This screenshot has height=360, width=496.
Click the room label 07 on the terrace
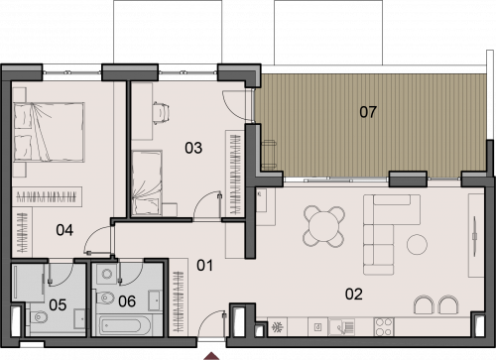click(x=368, y=112)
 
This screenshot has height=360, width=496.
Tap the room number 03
click(x=193, y=148)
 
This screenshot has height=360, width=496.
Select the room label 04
click(x=64, y=230)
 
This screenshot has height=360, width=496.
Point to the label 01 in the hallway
click(x=204, y=265)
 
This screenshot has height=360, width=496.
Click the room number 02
click(x=354, y=294)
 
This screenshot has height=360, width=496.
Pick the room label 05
click(x=58, y=304)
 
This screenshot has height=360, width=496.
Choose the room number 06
click(x=127, y=301)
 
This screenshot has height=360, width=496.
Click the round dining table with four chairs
click(x=324, y=226)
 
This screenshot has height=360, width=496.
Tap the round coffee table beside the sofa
click(x=417, y=244)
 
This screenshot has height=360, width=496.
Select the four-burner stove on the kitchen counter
click(x=384, y=326)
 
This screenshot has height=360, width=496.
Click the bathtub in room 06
click(x=125, y=325)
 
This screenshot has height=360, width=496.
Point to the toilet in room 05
click(x=39, y=317)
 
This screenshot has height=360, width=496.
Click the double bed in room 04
click(x=49, y=132)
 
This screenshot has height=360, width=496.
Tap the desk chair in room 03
click(x=161, y=112)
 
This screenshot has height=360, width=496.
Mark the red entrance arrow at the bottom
click(x=211, y=356)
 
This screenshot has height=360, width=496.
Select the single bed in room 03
click(x=147, y=182)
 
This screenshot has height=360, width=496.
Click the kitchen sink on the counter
click(x=341, y=326)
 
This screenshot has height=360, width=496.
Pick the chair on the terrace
click(x=269, y=155)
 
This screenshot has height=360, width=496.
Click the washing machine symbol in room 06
click(x=106, y=274)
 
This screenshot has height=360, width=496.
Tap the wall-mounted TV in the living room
click(x=475, y=236)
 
